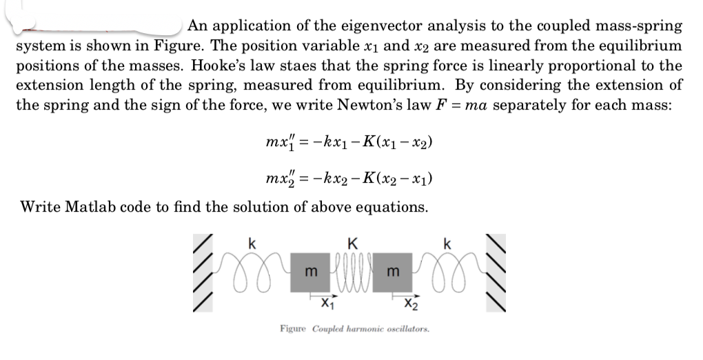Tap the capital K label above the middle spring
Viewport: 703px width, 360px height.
point(353,243)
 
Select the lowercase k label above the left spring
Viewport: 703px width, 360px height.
point(252,243)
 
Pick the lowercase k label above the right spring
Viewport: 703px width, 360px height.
point(448,243)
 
